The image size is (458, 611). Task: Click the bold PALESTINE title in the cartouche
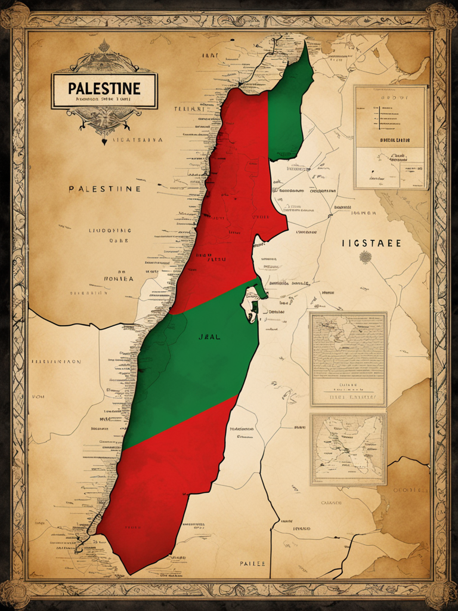tap(104, 88)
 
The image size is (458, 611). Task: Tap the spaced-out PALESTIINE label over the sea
tap(104, 189)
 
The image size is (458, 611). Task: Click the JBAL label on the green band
tap(209, 337)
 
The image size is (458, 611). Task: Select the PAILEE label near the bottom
tap(253, 563)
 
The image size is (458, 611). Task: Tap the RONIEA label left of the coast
tap(119, 278)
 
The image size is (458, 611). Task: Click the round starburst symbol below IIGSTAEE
tap(365, 257)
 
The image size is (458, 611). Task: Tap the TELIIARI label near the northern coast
tap(189, 110)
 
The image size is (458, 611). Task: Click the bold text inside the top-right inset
tap(395, 140)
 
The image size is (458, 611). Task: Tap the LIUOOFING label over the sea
tap(110, 230)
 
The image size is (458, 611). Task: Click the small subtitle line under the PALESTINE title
tap(104, 100)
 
